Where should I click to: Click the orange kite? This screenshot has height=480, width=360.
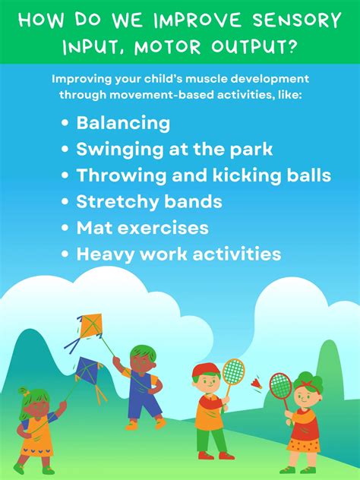tap(91, 327)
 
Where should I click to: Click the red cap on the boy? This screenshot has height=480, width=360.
tap(203, 370)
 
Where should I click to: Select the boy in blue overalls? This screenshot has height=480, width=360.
tap(141, 384)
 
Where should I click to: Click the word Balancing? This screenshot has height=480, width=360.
tap(123, 123)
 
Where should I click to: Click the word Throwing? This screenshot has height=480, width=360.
tap(116, 175)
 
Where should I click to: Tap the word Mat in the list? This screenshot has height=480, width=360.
tap(93, 227)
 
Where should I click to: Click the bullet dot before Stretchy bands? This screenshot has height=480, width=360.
tap(66, 202)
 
